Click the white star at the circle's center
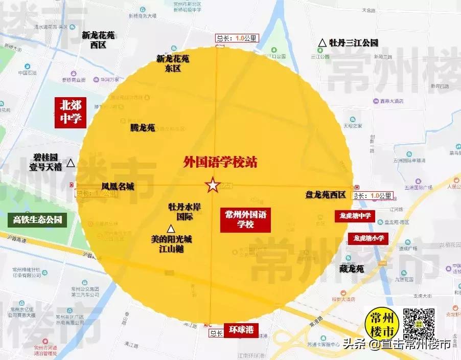coord(212,185)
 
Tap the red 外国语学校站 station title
coord(220,163)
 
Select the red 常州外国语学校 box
coord(245,220)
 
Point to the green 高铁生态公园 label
coord(37,220)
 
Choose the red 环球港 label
coord(241,329)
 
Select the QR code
coord(419,323)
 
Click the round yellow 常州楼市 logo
coord(382,323)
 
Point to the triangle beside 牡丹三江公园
coord(322,43)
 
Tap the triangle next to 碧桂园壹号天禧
coord(71,163)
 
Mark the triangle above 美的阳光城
coord(170,229)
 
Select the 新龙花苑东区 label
coord(173,63)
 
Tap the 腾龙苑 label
coord(143,128)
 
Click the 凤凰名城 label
coord(118,187)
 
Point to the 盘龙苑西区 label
coord(326,195)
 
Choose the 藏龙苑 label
coord(352,268)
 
